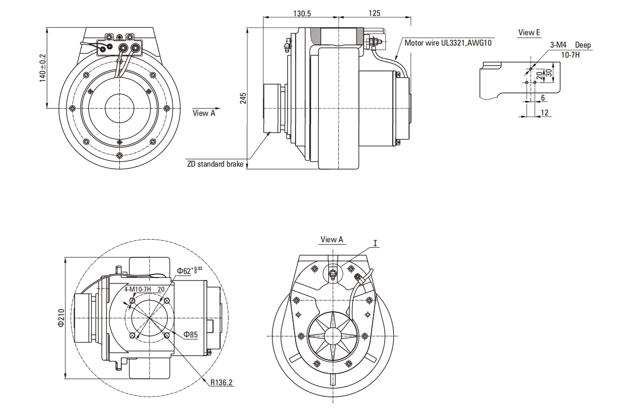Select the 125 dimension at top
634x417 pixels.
pyautogui.click(x=374, y=13)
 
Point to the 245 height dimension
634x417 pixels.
pyautogui.click(x=243, y=98)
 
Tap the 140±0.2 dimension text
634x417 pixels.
pyautogui.click(x=42, y=68)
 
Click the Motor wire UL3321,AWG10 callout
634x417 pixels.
pyautogui.click(x=448, y=43)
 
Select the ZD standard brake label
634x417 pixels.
pyautogui.click(x=215, y=164)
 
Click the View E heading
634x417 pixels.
pyautogui.click(x=529, y=33)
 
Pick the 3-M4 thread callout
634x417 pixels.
pyautogui.click(x=558, y=45)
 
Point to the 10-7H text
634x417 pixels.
pyautogui.click(x=570, y=54)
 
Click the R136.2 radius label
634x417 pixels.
pyautogui.click(x=222, y=382)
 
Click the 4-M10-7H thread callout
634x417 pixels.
pyautogui.click(x=138, y=289)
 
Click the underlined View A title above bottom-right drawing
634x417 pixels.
pyautogui.click(x=332, y=240)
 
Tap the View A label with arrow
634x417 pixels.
pyautogui.click(x=204, y=113)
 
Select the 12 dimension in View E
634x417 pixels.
pyautogui.click(x=544, y=113)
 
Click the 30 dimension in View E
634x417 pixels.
pyautogui.click(x=549, y=73)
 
